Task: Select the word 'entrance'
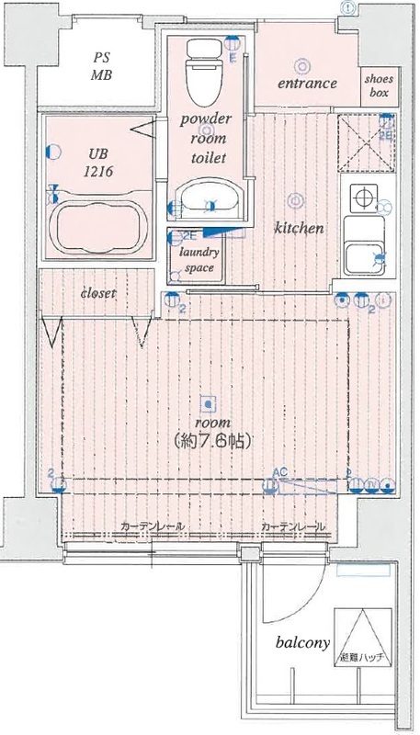pyautogui.click(x=307, y=84)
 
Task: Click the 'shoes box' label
pyautogui.click(x=380, y=85)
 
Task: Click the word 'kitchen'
pyautogui.click(x=297, y=227)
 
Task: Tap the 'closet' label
pyautogui.click(x=97, y=293)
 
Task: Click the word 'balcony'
pyautogui.click(x=302, y=643)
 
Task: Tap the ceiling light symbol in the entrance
pyautogui.click(x=301, y=63)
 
